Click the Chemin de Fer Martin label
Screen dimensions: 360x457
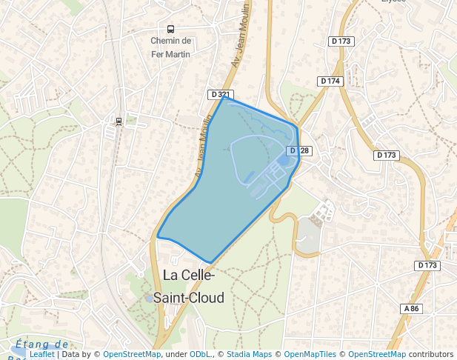tap(171, 47)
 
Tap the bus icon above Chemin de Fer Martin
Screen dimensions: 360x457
tap(171, 29)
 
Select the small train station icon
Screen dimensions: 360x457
tap(118, 120)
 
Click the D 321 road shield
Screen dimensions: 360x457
tap(220, 95)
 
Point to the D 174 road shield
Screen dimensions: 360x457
tap(330, 81)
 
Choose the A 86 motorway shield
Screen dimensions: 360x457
tap(412, 308)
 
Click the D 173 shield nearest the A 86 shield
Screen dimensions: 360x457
tap(427, 265)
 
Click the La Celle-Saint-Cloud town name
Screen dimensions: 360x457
tap(188, 286)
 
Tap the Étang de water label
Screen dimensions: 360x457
tap(41, 344)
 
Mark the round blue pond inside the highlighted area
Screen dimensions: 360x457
tap(283, 160)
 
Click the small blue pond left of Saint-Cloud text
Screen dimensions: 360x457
tap(149, 299)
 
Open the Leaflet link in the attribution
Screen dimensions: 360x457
tap(41, 355)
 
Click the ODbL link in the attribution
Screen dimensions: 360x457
tap(199, 355)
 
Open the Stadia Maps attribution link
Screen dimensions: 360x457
tap(248, 355)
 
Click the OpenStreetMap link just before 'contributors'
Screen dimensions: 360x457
tap(377, 355)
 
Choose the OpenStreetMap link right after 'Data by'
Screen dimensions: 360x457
tap(132, 355)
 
